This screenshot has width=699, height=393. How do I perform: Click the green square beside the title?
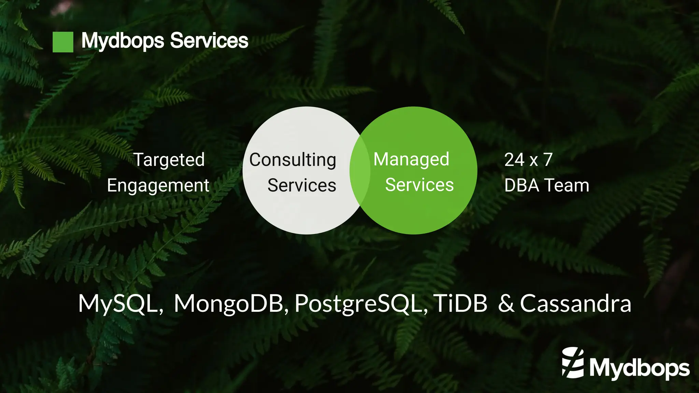(63, 42)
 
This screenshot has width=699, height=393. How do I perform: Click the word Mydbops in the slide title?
(123, 41)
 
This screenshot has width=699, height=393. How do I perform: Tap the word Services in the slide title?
(209, 41)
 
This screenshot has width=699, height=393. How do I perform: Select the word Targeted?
(169, 160)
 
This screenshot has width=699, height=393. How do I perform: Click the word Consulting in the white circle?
(293, 160)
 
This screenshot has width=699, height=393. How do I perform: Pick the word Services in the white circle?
(302, 185)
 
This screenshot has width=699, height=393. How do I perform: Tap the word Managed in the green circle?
(411, 159)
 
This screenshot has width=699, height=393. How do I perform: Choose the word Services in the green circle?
(419, 185)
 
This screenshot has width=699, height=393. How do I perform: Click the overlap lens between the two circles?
(360, 170)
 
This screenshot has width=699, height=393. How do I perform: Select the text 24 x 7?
(528, 160)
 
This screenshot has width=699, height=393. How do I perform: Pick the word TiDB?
(461, 304)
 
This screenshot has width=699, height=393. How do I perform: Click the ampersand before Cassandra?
(506, 304)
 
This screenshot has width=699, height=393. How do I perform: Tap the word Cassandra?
(575, 304)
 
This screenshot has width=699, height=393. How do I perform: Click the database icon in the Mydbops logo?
(573, 363)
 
